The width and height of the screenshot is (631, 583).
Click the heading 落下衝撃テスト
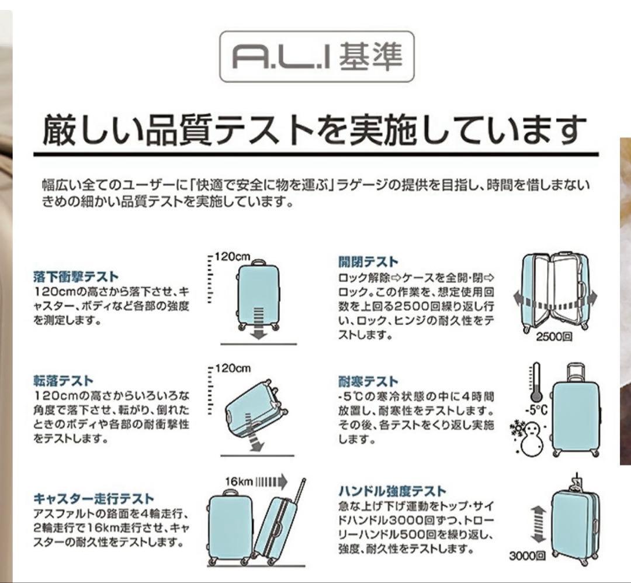pyautogui.click(x=76, y=277)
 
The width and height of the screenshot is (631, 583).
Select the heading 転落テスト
pyautogui.click(x=63, y=381)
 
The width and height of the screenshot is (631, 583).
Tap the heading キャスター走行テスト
pyautogui.click(x=93, y=498)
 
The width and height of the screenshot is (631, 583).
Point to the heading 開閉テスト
pyautogui.click(x=368, y=261)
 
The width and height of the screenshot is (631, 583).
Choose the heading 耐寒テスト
pyautogui.click(x=368, y=382)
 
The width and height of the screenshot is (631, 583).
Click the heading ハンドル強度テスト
pyautogui.click(x=392, y=491)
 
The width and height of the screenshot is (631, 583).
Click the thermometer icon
pyautogui.click(x=534, y=381)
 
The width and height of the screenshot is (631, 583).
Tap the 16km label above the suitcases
pyautogui.click(x=239, y=481)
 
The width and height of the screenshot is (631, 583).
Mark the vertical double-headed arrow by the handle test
pyautogui.click(x=538, y=525)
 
